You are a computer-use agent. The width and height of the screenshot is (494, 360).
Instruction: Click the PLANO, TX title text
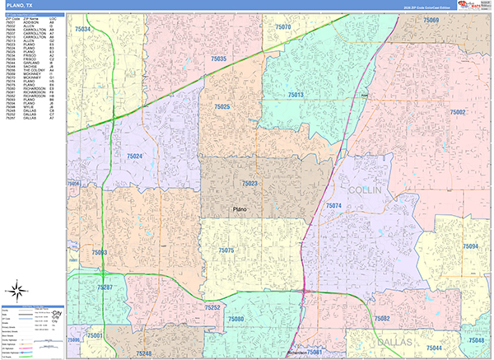[20, 5]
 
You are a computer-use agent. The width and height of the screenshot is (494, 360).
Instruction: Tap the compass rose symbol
[18, 290]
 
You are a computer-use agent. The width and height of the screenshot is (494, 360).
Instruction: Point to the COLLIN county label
[366, 189]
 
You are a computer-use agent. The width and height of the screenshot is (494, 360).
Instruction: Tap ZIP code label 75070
[282, 27]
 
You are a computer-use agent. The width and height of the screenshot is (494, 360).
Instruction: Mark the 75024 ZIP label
[134, 156]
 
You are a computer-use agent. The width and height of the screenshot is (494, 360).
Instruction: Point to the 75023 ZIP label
[249, 184]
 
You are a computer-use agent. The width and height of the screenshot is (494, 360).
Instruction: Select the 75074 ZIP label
[333, 205]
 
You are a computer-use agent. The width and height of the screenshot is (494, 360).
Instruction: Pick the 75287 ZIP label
[105, 287]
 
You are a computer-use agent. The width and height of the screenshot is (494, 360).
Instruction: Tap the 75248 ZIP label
[142, 353]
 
